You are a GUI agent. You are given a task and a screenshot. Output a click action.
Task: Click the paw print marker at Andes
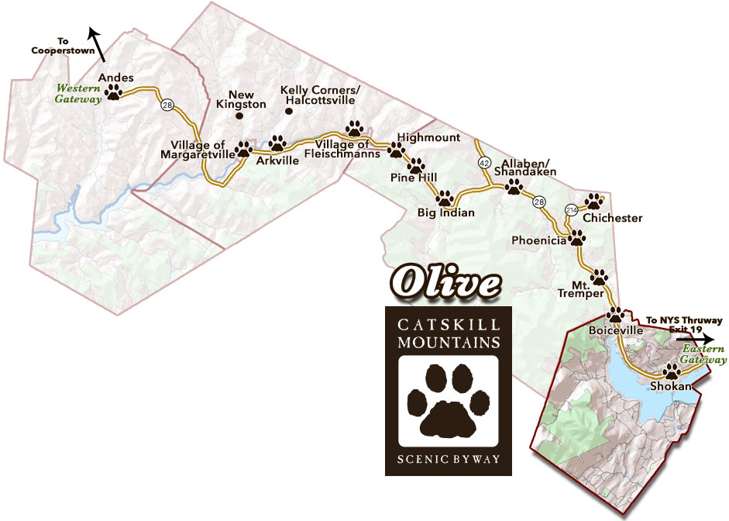pos(115,92)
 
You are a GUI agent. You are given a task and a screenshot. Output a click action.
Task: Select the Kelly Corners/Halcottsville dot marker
pos(288,112)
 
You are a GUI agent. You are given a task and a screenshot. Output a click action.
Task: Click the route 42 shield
pos(484,163)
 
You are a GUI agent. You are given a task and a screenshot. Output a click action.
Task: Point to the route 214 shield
pos(572,210)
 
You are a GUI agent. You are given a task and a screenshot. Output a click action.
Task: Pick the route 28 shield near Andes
pos(167,105)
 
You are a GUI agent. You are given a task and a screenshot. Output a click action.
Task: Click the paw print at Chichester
pos(594,202)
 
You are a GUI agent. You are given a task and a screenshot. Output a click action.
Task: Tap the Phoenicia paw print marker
pos(577,237)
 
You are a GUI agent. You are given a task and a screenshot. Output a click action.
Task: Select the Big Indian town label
pos(445,212)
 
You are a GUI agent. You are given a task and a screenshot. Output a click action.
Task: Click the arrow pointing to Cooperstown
pos(98,43)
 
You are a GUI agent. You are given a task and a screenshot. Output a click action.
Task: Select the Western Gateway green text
pos(77,94)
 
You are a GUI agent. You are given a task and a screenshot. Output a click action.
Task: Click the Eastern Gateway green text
pos(704,354)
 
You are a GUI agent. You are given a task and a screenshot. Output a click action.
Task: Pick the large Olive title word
pos(443,284)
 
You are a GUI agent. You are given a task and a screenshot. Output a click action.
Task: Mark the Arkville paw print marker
pos(277,143)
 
